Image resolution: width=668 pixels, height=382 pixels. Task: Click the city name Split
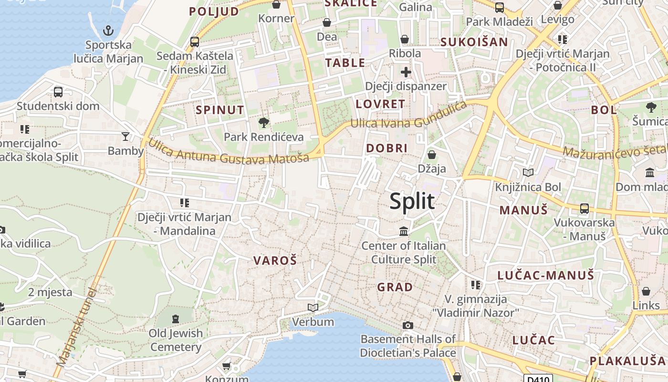pyautogui.click(x=412, y=201)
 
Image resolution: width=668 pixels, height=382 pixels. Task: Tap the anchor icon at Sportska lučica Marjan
pyautogui.click(x=108, y=31)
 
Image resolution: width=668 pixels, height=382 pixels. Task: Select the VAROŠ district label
pyautogui.click(x=275, y=261)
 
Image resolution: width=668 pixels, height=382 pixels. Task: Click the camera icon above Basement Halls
pyautogui.click(x=407, y=325)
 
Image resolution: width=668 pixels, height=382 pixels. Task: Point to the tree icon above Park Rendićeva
pyautogui.click(x=263, y=123)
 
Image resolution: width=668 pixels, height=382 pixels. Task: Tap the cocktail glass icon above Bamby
pyautogui.click(x=125, y=137)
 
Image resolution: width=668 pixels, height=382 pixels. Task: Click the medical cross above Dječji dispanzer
pyautogui.click(x=406, y=72)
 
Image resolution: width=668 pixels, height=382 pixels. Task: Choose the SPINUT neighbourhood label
pyautogui.click(x=220, y=110)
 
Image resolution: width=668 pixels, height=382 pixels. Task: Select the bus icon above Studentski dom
pyautogui.click(x=58, y=92)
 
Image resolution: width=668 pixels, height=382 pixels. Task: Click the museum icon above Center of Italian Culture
pyautogui.click(x=404, y=232)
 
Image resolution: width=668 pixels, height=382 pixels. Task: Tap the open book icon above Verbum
pyautogui.click(x=313, y=308)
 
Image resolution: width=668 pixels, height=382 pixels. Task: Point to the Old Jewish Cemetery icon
pyautogui.click(x=176, y=318)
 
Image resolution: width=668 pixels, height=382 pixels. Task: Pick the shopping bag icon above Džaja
pyautogui.click(x=431, y=154)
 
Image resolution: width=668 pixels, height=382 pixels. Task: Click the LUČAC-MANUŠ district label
pyautogui.click(x=546, y=276)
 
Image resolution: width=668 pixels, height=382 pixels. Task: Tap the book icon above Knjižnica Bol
pyautogui.click(x=528, y=172)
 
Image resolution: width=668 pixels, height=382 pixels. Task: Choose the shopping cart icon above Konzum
pyautogui.click(x=227, y=366)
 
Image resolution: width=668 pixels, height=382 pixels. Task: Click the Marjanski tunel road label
pyautogui.click(x=76, y=328)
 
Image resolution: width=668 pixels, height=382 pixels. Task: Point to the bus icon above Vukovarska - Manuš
pyautogui.click(x=584, y=208)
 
